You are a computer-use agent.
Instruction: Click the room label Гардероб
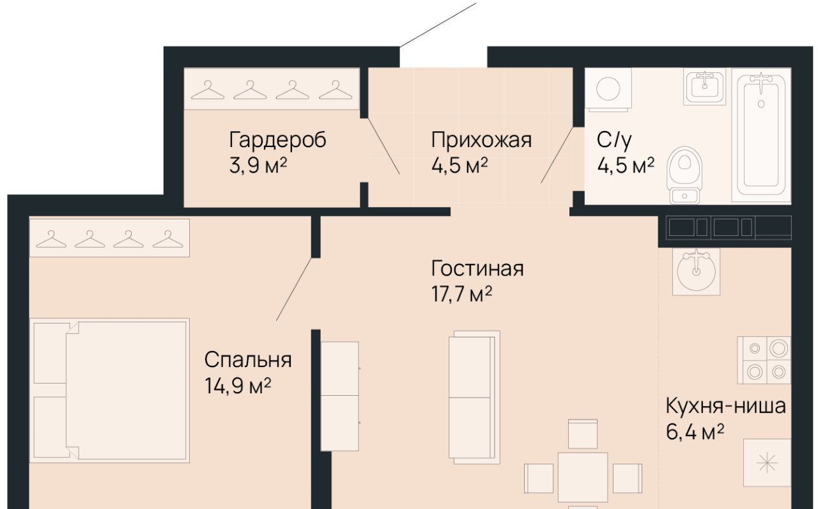tap(278, 141)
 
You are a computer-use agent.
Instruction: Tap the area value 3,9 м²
tap(258, 166)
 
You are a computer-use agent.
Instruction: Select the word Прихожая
tap(481, 140)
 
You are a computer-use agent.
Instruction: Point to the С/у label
tap(614, 140)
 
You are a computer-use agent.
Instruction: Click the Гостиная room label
tap(477, 269)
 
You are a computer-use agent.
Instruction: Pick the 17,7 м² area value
tap(461, 294)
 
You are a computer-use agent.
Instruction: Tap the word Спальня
tap(248, 360)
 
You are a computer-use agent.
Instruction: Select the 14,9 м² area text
tap(238, 386)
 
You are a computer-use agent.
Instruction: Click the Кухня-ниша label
tap(725, 406)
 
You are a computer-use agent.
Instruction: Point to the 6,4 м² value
tap(695, 432)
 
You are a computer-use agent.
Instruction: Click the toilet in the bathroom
tap(684, 175)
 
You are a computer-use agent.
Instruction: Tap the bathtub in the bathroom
tap(761, 135)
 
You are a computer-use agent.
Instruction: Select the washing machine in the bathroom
tap(608, 90)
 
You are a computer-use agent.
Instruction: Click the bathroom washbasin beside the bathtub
tap(704, 86)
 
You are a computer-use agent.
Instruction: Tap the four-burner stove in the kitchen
tap(764, 360)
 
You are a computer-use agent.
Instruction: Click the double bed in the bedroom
tap(109, 391)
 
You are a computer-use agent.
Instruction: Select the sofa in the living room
tap(474, 397)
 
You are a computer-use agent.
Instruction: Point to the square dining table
tap(583, 477)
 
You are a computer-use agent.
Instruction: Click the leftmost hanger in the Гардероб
tap(208, 90)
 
